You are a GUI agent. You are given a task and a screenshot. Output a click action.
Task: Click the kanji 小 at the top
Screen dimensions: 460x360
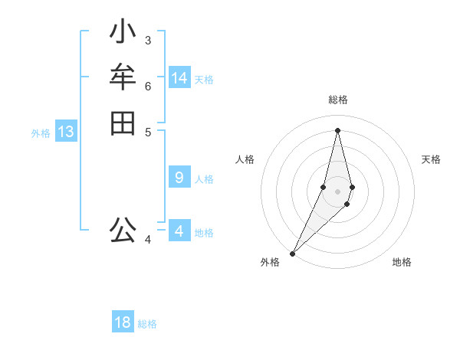(x=123, y=33)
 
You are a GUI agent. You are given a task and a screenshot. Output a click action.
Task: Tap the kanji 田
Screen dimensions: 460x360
(x=123, y=123)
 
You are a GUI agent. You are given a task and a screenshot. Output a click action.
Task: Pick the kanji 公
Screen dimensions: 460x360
(x=123, y=229)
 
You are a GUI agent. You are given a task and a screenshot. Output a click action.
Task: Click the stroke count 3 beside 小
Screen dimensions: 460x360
(x=148, y=40)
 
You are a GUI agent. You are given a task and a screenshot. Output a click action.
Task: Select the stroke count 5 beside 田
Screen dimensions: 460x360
(x=148, y=131)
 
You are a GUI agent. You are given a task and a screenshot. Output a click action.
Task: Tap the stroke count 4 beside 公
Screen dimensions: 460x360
(x=148, y=240)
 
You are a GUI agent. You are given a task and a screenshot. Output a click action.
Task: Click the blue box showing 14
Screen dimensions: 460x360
(x=179, y=78)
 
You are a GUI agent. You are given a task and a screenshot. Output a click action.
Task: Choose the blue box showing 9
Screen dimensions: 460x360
(x=179, y=178)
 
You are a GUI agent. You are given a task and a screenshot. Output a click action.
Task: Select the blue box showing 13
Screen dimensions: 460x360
(x=66, y=132)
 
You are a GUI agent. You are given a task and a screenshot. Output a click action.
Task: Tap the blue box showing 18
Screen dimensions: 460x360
(x=123, y=322)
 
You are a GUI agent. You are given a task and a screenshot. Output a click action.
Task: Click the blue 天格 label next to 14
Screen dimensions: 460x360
(x=204, y=80)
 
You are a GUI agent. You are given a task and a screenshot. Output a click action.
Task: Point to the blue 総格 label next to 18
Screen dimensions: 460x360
(x=147, y=324)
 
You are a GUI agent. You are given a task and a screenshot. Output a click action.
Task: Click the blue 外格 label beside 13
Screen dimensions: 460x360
(x=41, y=133)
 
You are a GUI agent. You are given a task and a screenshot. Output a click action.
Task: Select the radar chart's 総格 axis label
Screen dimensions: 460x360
(x=338, y=100)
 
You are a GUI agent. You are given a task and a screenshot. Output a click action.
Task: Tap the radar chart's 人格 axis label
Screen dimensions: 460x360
(x=245, y=159)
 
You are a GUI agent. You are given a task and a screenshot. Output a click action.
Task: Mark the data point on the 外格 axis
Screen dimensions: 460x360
(x=293, y=253)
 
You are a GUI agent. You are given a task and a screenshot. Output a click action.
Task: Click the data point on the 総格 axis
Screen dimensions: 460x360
(x=338, y=129)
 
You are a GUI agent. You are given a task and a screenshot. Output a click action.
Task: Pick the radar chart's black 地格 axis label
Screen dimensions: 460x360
(x=402, y=262)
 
